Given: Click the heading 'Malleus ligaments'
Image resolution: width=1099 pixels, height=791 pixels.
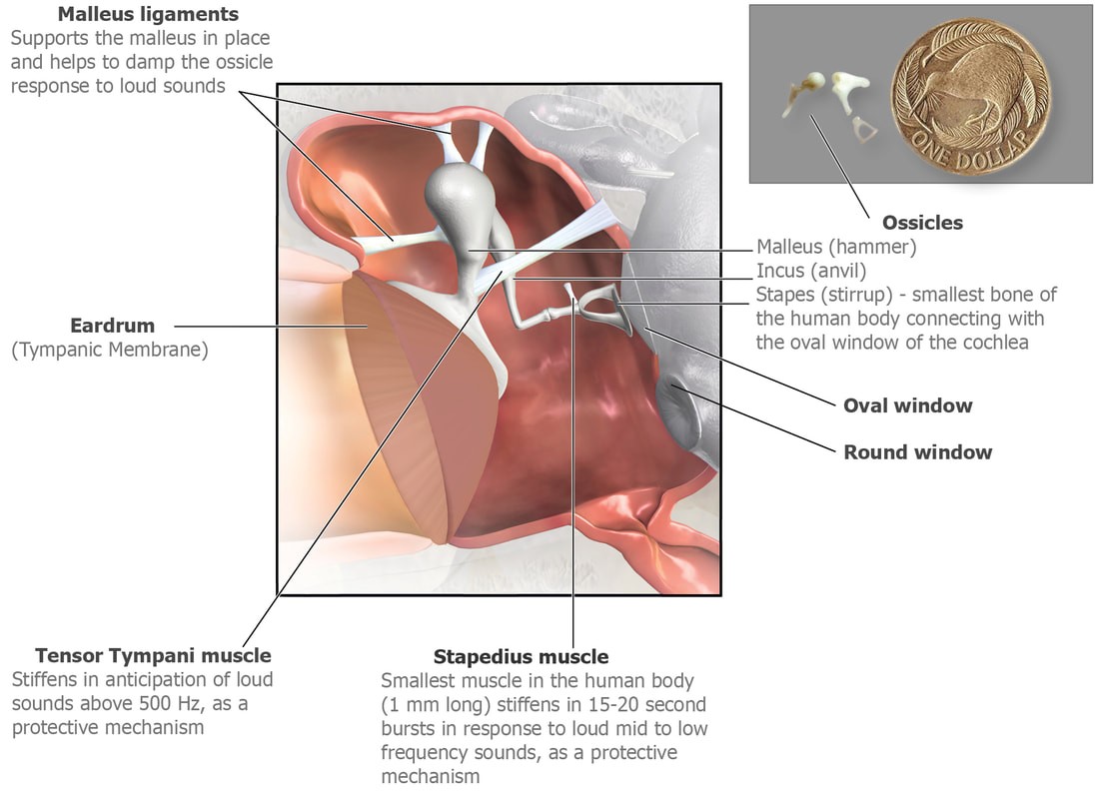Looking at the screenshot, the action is point(148,14).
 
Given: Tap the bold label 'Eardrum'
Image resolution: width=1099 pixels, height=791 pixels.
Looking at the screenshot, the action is point(112,326).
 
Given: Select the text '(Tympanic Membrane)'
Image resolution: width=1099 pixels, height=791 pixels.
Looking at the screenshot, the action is point(110,350).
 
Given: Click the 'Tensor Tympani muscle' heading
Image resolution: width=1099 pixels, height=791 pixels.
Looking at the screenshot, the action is point(153,656).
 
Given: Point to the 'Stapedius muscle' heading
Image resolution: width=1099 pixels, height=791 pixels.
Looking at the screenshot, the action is point(521,657).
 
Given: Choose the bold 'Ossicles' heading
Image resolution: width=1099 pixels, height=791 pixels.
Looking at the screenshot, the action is point(922,223).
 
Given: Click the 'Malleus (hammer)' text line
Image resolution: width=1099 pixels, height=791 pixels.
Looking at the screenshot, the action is point(836,247).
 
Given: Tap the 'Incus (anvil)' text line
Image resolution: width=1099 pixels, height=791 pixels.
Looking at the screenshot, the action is point(811,271).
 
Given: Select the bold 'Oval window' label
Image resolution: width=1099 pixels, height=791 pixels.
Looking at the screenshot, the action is point(907,405).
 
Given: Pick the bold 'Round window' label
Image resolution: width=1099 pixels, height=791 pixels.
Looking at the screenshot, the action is point(917,452).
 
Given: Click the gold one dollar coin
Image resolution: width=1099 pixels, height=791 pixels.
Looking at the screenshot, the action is point(971,97).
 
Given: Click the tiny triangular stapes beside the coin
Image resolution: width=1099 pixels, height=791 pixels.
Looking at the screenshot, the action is point(863,130).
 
